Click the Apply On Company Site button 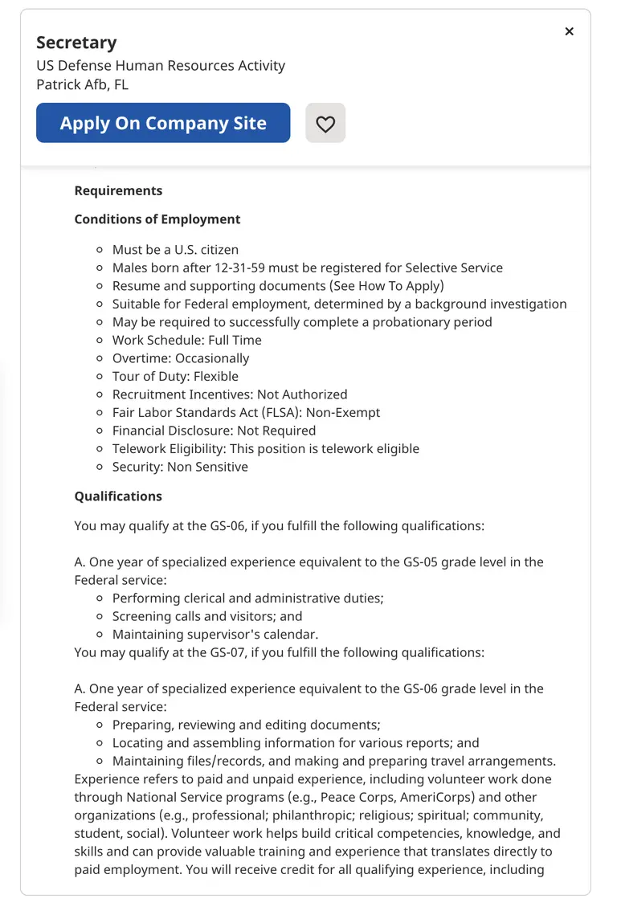pos(163,123)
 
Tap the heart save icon pos(325,124)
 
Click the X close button pos(569,31)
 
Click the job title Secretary pos(76,43)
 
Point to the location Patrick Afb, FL pos(82,84)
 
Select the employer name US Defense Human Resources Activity pos(161,65)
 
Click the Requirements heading pos(118,190)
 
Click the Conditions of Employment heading pos(157,219)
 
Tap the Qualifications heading pos(118,496)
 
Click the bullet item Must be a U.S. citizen pos(175,250)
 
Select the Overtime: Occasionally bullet pos(181,358)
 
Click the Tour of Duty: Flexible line pos(175,376)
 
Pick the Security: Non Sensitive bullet pos(180,467)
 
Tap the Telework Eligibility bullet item pos(265,448)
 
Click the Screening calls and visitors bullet pos(207,616)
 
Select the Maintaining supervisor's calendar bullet pos(210,634)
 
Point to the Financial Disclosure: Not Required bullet pos(214,431)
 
